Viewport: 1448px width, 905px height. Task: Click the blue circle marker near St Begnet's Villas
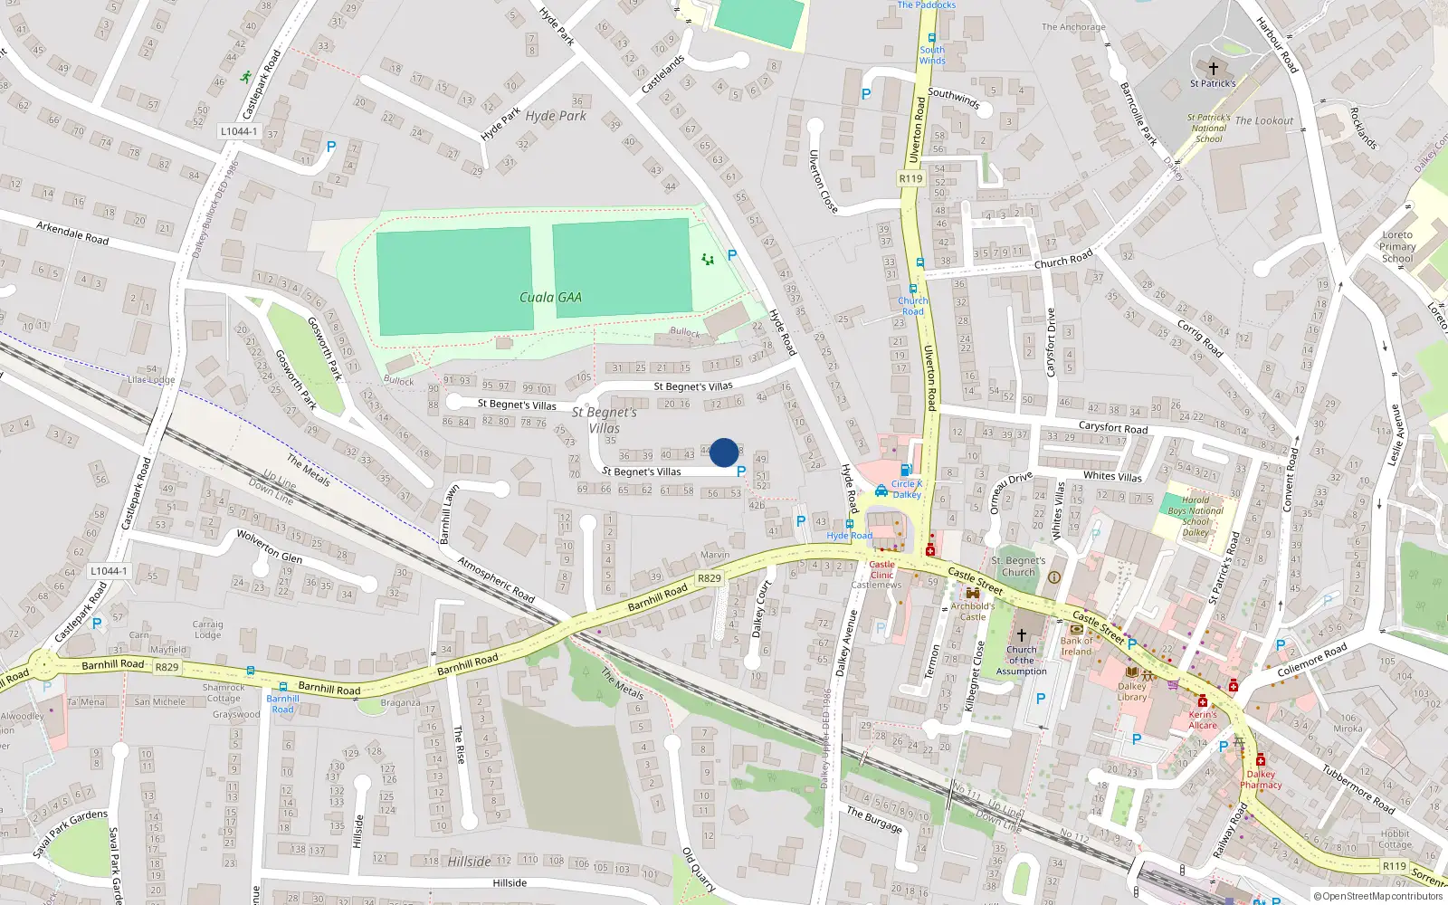(724, 452)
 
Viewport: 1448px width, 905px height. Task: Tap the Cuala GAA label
(550, 297)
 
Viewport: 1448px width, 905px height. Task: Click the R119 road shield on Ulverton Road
(910, 178)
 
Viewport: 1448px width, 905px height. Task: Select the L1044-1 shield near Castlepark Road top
(238, 131)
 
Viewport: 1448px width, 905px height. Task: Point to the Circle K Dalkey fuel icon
(905, 470)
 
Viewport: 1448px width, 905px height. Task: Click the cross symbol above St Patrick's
(1213, 68)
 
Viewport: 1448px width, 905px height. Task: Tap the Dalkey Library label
(1131, 691)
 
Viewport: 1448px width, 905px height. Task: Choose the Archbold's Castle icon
(973, 594)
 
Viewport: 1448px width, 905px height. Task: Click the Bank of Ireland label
(1076, 645)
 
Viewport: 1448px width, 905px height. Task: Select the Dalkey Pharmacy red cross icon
(1260, 760)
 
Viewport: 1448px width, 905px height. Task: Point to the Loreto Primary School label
(1397, 246)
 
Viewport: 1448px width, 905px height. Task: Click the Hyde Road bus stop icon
(849, 524)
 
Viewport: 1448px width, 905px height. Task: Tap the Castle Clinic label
(881, 569)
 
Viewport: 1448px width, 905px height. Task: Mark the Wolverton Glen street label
(269, 547)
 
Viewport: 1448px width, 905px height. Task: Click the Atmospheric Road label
(496, 580)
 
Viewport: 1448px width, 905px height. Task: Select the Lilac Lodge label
(151, 380)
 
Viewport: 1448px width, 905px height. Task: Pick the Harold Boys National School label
(1195, 516)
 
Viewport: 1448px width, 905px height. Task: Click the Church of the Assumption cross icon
(1021, 635)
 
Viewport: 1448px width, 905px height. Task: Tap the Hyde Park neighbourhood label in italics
(556, 116)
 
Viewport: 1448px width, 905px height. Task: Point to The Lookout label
(1263, 120)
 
